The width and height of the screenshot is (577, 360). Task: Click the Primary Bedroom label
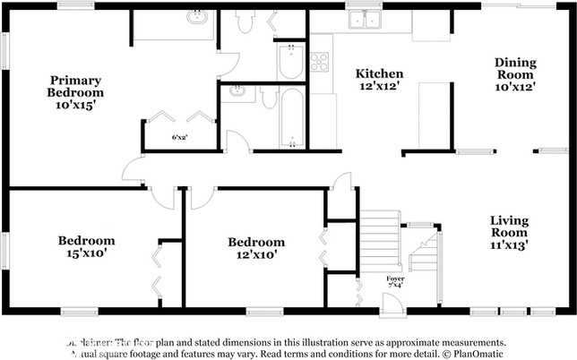pyautogui.click(x=76, y=92)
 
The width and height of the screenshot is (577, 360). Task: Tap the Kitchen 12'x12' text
pyautogui.click(x=379, y=80)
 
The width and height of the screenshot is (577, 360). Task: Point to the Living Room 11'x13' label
pyautogui.click(x=509, y=231)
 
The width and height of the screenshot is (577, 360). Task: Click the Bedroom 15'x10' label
pyautogui.click(x=86, y=246)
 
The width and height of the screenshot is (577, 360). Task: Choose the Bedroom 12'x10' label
pyautogui.click(x=256, y=247)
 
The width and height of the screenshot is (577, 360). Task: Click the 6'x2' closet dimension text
pyautogui.click(x=179, y=137)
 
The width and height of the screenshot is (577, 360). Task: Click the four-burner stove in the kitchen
pyautogui.click(x=319, y=61)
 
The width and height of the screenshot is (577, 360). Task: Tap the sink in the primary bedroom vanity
pyautogui.click(x=194, y=17)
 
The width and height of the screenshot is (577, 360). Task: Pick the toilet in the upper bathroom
pyautogui.click(x=244, y=21)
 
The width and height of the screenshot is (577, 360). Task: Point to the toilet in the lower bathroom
pyautogui.click(x=269, y=99)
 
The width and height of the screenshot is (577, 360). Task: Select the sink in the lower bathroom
pyautogui.click(x=237, y=91)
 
